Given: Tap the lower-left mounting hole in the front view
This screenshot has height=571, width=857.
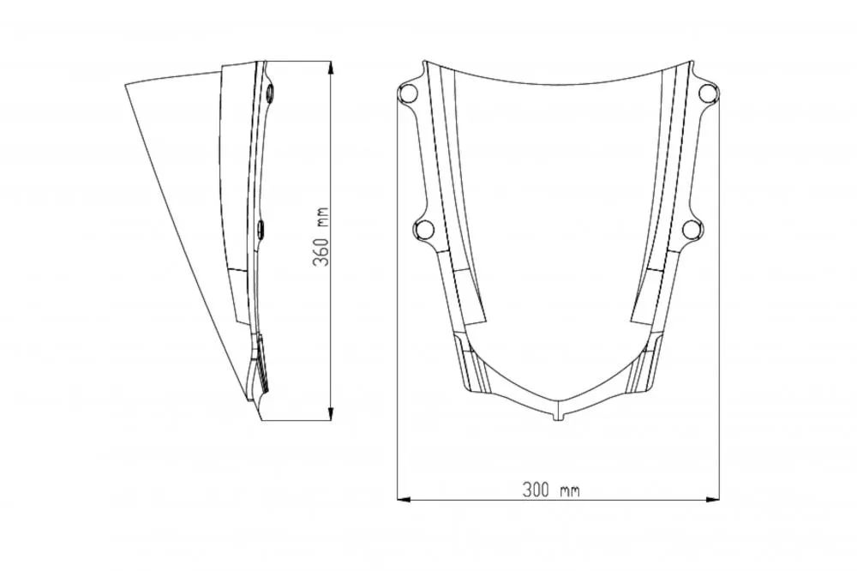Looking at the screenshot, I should coord(423,229).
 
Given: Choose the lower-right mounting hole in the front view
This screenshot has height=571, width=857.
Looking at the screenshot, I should coord(692,229).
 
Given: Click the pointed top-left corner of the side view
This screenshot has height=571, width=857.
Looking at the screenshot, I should coord(126,83).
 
